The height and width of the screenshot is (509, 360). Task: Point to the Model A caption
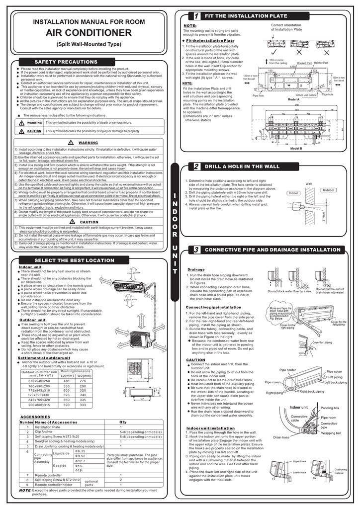[x=294, y=99]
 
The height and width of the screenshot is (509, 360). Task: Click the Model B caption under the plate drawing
[x=296, y=149]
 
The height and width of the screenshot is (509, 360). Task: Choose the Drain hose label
[x=281, y=437]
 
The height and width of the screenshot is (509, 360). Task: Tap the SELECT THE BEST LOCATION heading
[x=67, y=260]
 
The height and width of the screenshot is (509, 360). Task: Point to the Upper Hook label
[x=299, y=462]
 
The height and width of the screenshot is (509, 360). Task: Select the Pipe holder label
[x=287, y=370]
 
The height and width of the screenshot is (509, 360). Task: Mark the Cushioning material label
[x=341, y=471]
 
